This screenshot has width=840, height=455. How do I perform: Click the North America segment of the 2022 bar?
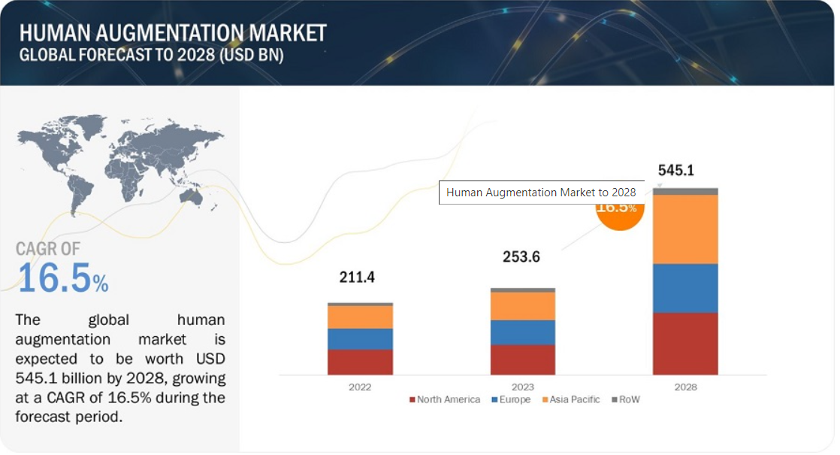(360, 362)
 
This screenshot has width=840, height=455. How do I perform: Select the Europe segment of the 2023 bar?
(522, 332)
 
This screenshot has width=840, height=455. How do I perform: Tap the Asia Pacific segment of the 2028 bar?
(685, 229)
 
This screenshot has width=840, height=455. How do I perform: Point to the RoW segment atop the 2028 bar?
(685, 192)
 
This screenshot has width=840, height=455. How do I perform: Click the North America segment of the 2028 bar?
(685, 344)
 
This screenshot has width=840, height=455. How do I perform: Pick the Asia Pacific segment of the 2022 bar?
(360, 317)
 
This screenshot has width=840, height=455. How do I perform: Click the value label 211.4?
(356, 278)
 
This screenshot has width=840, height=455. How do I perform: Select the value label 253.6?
(521, 257)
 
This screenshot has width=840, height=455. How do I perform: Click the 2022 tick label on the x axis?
(360, 387)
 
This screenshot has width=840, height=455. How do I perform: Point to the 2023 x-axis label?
(522, 387)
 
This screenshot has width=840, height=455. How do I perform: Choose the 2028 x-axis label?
(685, 387)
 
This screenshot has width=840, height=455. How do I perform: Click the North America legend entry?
(444, 399)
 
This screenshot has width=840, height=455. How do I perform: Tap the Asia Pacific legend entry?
(570, 399)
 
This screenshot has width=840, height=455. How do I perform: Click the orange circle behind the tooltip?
(620, 216)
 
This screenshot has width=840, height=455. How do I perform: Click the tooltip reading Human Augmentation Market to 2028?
(541, 193)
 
